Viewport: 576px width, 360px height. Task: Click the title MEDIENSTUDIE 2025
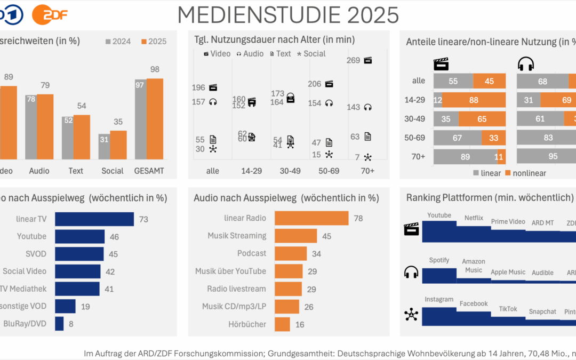click(x=288, y=15)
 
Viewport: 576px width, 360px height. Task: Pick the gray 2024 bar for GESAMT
click(x=140, y=119)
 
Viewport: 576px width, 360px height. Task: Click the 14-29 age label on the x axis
click(x=251, y=171)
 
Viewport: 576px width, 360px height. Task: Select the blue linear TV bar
click(x=94, y=219)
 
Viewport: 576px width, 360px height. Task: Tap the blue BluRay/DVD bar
click(x=59, y=323)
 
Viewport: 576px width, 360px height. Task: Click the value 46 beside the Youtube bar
click(x=114, y=236)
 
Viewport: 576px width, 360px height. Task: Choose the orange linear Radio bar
click(x=311, y=218)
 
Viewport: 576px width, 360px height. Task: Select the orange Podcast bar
click(x=291, y=253)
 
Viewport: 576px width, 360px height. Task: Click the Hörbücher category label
click(x=247, y=324)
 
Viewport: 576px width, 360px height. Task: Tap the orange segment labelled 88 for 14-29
click(x=474, y=100)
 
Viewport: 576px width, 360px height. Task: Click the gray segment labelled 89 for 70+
click(x=465, y=157)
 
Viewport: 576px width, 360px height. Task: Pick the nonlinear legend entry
click(x=527, y=173)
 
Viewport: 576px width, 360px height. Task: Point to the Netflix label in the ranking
click(x=474, y=218)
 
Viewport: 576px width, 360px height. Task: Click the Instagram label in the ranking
click(x=439, y=300)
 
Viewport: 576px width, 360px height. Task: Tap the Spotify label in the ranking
click(x=439, y=260)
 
